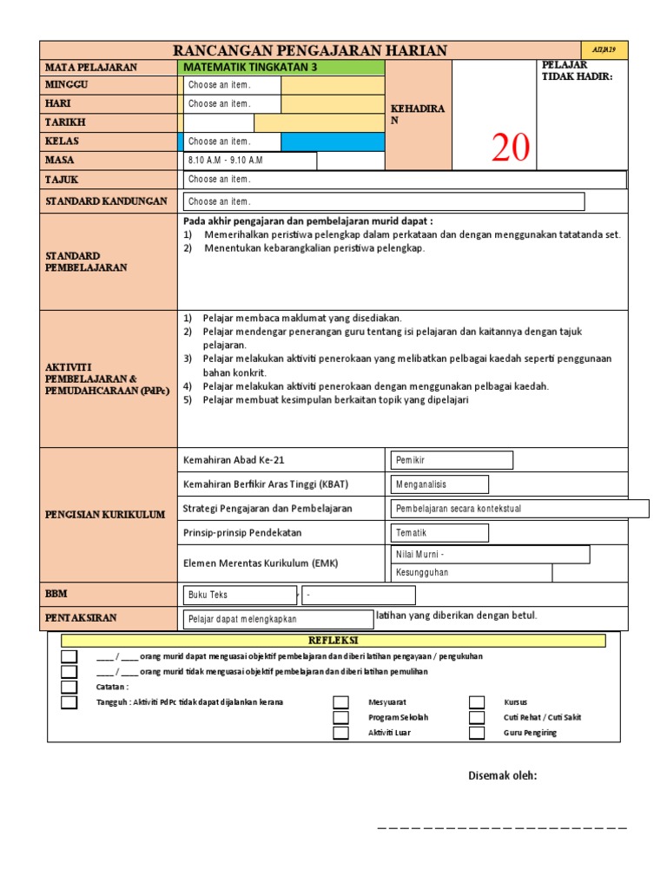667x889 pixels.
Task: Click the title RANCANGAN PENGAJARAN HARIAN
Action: tap(310, 50)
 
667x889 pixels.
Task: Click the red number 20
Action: tap(510, 148)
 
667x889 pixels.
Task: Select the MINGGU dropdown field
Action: tap(231, 85)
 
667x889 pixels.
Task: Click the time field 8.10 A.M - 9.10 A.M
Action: tap(249, 161)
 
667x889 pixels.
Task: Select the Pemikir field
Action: tap(452, 460)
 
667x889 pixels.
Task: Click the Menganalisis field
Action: tap(439, 484)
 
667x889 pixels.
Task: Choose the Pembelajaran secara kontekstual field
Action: tap(519, 509)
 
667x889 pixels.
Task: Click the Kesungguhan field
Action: tap(470, 573)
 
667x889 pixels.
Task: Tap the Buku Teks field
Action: tap(239, 595)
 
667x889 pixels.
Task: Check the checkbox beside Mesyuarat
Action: tap(341, 702)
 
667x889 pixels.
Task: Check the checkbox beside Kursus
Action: tap(477, 702)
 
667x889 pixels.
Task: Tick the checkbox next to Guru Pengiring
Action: tap(477, 733)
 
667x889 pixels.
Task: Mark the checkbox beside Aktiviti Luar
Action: tap(341, 733)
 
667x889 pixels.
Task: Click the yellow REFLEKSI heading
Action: tap(333, 641)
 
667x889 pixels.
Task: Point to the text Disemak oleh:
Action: tap(502, 775)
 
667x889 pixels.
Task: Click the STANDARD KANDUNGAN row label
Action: tap(106, 201)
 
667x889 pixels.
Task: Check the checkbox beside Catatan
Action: tap(69, 687)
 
